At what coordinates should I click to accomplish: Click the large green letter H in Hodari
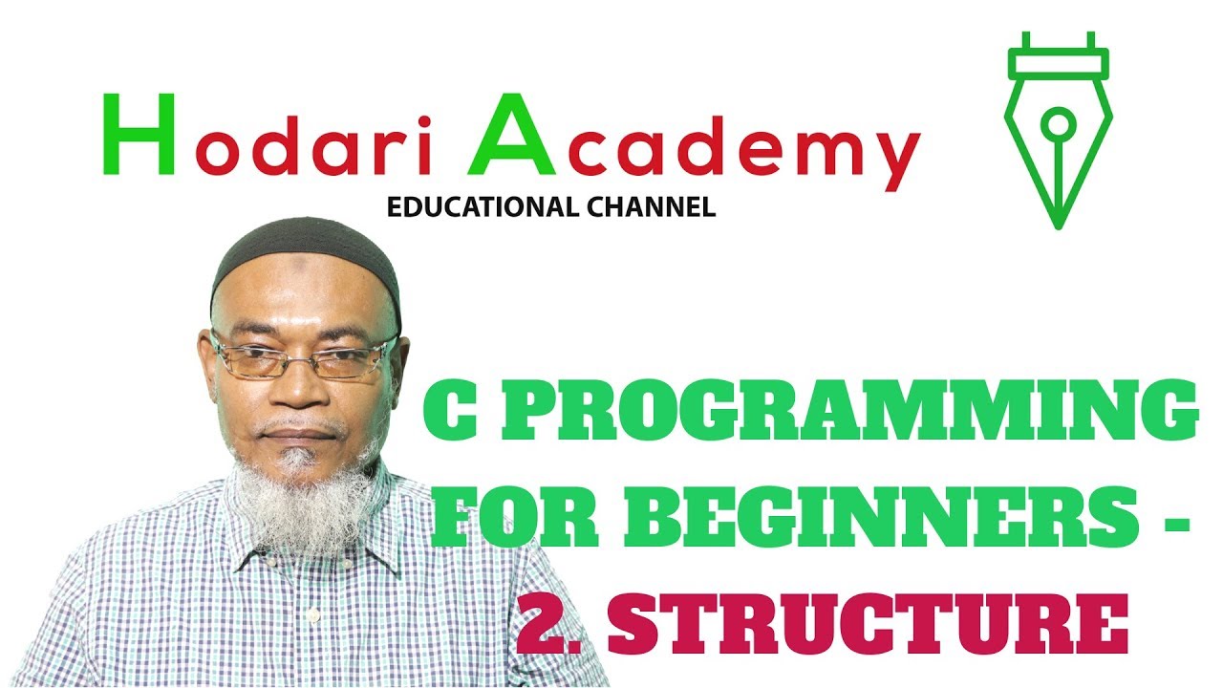(x=139, y=135)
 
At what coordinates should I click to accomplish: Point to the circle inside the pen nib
(x=1058, y=122)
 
